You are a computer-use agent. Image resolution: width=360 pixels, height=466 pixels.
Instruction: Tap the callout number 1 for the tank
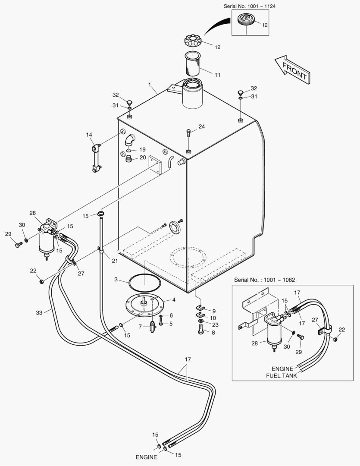[150, 85]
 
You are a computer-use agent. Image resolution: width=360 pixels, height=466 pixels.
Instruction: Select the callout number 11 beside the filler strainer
[217, 75]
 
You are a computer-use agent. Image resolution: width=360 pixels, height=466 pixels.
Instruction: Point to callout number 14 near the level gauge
[89, 135]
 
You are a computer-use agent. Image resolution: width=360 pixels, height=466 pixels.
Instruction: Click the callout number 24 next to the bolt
[202, 126]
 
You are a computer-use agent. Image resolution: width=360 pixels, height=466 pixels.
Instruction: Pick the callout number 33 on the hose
[39, 312]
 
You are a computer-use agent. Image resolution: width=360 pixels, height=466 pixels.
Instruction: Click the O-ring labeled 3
[145, 283]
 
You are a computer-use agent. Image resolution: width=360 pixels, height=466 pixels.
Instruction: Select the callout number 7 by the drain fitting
[140, 326]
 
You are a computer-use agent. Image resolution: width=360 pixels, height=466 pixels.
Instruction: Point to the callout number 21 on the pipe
[114, 261]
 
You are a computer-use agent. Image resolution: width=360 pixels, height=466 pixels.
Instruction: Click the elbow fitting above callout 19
[129, 140]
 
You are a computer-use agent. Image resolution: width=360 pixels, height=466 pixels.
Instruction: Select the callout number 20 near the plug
[142, 157]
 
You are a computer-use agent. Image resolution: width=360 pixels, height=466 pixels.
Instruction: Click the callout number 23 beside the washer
[215, 324]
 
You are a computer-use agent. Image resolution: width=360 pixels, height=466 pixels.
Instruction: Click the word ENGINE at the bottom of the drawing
[146, 457]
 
